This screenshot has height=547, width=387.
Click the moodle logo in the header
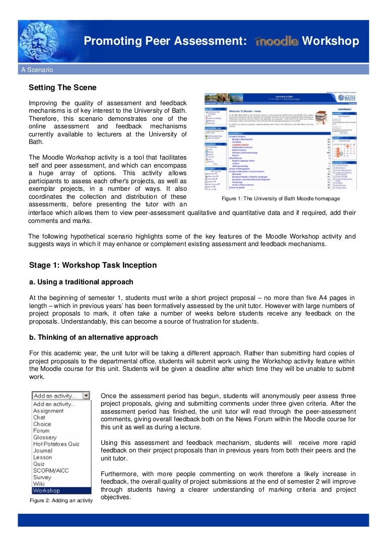277,41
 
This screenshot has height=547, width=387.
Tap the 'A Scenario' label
37,70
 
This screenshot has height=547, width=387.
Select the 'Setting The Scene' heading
62,88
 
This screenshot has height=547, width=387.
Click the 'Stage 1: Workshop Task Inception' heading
93,265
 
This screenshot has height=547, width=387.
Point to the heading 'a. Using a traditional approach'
81,282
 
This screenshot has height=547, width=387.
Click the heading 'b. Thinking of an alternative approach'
93,337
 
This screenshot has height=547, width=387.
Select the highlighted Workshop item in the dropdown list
46,490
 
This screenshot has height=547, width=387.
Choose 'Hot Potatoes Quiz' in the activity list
56,444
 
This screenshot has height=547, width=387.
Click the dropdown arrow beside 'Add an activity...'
86,396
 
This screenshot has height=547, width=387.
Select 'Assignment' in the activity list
48,411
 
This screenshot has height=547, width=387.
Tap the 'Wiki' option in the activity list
39,484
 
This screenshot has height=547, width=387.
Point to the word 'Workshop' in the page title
330,41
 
